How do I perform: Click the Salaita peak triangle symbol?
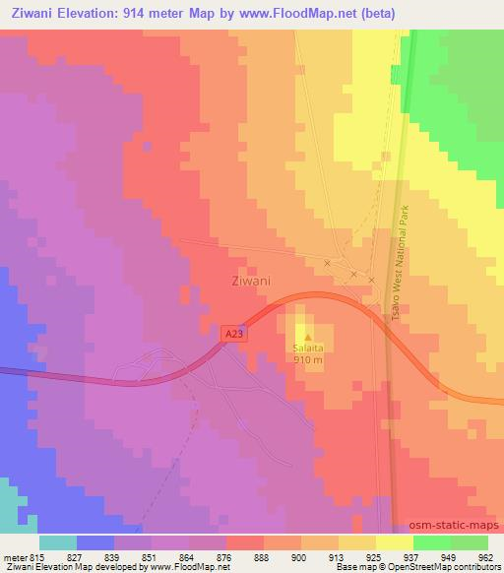click(x=307, y=339)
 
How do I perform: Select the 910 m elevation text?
click(x=308, y=359)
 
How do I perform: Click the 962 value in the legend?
click(x=485, y=557)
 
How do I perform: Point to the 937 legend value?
click(x=410, y=557)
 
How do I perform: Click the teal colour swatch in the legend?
click(x=58, y=542)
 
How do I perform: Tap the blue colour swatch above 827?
click(x=95, y=542)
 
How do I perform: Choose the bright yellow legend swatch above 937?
click(x=394, y=542)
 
